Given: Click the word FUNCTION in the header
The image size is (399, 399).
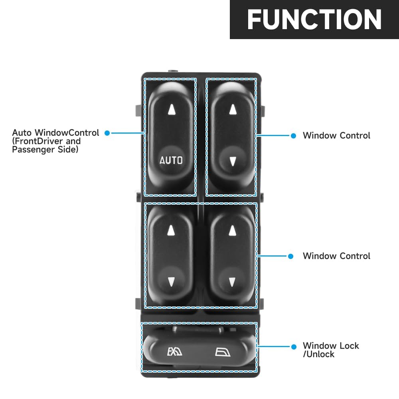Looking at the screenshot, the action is click(314, 20).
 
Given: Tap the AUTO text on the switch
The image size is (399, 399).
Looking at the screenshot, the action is click(171, 160).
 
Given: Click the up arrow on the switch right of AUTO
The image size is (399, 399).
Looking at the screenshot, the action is click(233, 109).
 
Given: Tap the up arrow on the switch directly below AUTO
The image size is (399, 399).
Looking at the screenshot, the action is click(171, 230).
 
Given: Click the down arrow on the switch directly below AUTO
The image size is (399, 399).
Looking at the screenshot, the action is click(171, 282).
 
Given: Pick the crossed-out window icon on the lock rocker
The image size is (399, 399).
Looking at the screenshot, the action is click(175, 352).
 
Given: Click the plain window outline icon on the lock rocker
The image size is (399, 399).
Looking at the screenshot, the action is click(223, 352).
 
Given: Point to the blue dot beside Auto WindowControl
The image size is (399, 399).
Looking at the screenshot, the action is click(107, 133).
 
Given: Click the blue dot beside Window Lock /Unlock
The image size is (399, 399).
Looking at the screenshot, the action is click(294, 347).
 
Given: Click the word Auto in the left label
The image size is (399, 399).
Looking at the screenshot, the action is click(22, 132).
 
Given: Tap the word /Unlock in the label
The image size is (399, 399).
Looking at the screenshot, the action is click(318, 354).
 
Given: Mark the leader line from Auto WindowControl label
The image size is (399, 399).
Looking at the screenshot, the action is click(128, 133).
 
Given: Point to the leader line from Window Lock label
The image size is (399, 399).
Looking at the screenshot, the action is click(274, 346).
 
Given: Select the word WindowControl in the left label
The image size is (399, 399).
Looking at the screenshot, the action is click(67, 132).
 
